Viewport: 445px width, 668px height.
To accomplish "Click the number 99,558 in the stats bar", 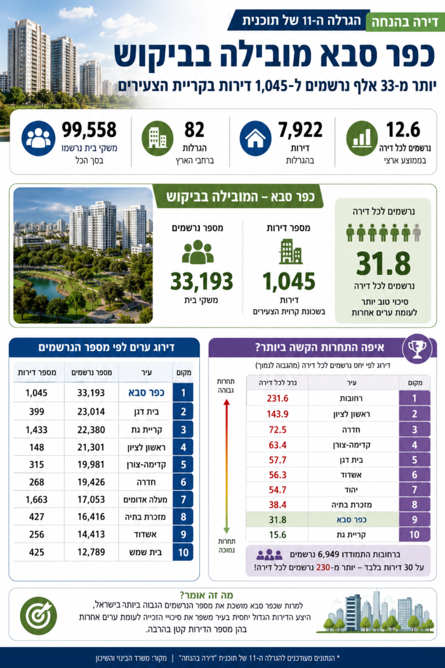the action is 89,130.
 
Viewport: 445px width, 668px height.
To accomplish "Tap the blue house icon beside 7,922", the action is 256,139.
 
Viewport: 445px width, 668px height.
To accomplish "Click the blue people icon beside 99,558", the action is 38,139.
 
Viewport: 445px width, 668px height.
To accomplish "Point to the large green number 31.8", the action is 383,264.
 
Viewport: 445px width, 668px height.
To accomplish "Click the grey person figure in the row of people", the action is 417,233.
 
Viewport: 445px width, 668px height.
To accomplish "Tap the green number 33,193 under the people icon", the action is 202,281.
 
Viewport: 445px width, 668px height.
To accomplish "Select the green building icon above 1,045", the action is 290,252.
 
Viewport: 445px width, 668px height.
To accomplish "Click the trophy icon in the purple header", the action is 417,349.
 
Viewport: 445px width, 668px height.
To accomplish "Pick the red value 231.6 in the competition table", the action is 278,398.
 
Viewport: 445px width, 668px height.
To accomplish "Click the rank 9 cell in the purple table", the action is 414,520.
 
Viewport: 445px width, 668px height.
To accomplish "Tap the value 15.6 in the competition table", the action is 278,535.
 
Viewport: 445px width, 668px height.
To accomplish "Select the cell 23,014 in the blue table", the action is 91,412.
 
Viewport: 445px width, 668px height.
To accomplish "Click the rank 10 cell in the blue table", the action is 183,552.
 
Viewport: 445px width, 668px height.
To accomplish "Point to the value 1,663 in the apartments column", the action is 37,499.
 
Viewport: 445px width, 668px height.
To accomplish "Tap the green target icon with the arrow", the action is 38,616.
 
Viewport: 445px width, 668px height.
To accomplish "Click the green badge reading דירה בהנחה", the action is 405,22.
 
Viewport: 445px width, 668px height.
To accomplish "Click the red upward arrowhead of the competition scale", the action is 227,402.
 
